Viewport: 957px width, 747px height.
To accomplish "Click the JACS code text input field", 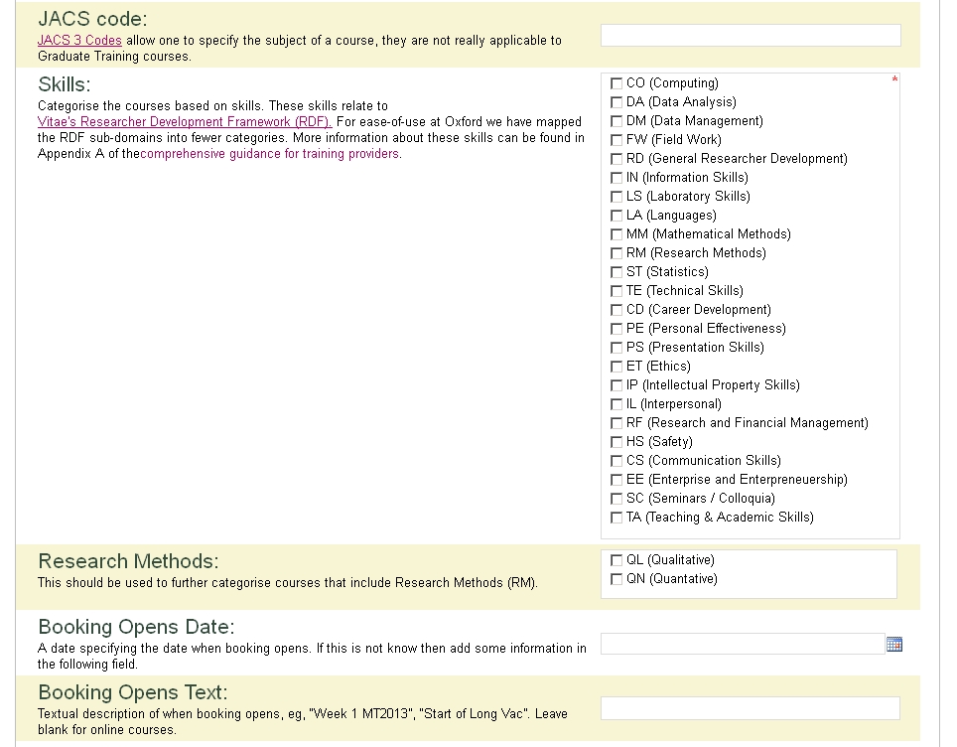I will tap(751, 36).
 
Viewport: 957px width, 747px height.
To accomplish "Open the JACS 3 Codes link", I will tap(79, 41).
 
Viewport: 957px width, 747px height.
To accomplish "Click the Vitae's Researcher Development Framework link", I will tap(184, 122).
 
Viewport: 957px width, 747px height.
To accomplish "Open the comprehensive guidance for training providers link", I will tap(270, 154).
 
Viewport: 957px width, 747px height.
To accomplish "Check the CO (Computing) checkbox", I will tap(616, 83).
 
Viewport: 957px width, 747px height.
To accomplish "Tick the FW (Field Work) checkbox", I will tap(616, 140).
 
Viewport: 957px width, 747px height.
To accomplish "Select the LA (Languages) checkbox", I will tap(616, 216).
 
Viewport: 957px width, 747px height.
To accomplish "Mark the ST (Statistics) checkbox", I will tap(616, 272).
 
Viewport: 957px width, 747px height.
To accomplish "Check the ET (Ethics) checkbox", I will tap(616, 367).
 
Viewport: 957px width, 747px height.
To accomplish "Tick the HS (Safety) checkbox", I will tap(616, 442).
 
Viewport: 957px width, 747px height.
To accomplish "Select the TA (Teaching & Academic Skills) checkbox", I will tap(616, 518).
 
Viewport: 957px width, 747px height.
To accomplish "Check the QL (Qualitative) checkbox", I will tap(616, 560).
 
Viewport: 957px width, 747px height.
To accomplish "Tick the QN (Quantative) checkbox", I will tap(616, 579).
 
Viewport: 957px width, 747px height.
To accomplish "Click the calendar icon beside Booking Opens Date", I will tap(893, 645).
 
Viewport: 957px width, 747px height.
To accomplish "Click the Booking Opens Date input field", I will tap(742, 644).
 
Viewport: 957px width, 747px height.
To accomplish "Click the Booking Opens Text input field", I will tap(751, 708).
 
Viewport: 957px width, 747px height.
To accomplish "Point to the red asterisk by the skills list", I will tap(894, 80).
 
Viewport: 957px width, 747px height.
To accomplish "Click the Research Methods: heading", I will tap(128, 562).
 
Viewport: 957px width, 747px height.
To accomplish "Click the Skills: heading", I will tap(65, 85).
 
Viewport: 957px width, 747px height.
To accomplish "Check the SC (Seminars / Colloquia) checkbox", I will tap(616, 499).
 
